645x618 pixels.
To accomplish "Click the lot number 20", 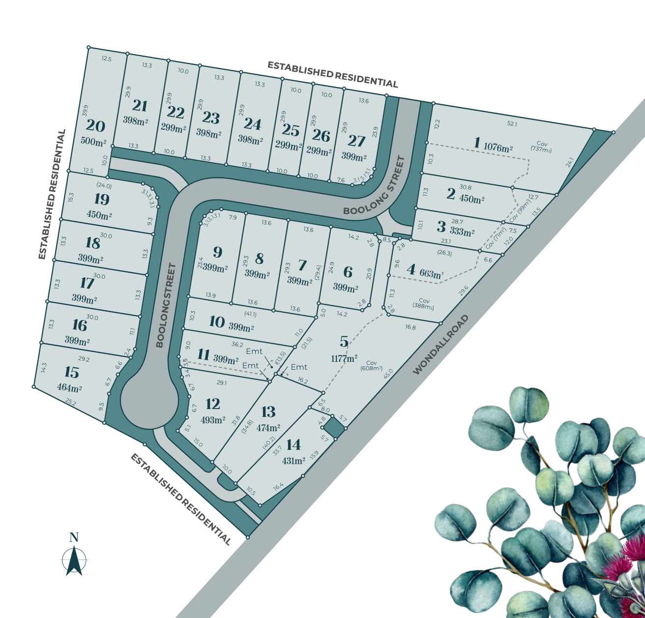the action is tap(95, 126).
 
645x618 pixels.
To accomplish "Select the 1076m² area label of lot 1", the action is tap(498, 147).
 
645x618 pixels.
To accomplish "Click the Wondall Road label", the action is tap(440, 345).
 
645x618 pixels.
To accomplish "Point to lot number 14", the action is tap(293, 445).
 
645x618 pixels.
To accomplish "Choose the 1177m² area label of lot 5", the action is tap(345, 358).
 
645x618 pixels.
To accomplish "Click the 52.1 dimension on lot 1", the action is tap(512, 124).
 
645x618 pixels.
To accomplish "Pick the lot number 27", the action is tap(356, 141).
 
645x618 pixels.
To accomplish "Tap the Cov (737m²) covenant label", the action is tap(541, 147).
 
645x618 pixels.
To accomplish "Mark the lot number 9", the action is tap(217, 252).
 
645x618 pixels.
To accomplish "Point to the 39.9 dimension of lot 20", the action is tap(86, 111).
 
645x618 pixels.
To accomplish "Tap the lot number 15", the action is tap(71, 372).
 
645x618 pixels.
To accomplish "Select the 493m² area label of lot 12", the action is tap(213, 420).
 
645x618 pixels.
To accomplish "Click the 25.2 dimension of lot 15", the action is tap(71, 403).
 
